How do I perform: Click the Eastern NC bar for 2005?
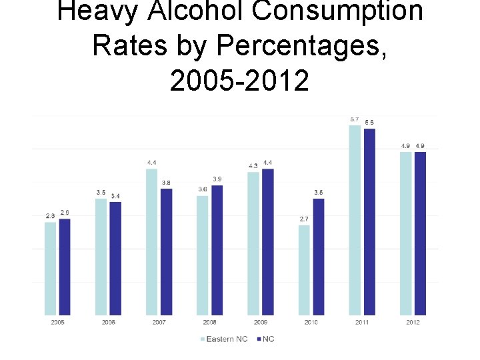pos(50,268)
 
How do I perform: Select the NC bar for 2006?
pos(115,258)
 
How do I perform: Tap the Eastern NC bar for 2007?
pos(152,241)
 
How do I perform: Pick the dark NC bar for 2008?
pos(217,250)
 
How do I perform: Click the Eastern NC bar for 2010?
pos(304,270)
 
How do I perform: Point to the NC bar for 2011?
pos(369,221)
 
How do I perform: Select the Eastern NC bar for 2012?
pos(405,233)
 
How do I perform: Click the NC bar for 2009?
pos(267,241)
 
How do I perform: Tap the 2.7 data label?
pos(304,219)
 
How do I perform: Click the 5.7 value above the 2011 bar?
pos(355,119)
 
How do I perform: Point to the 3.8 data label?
pos(166,182)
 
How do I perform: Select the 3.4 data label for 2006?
pos(115,195)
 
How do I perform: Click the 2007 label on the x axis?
pos(159,323)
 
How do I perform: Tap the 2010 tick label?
pos(311,323)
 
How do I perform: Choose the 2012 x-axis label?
pos(413,323)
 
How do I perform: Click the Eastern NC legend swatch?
pos(203,339)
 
